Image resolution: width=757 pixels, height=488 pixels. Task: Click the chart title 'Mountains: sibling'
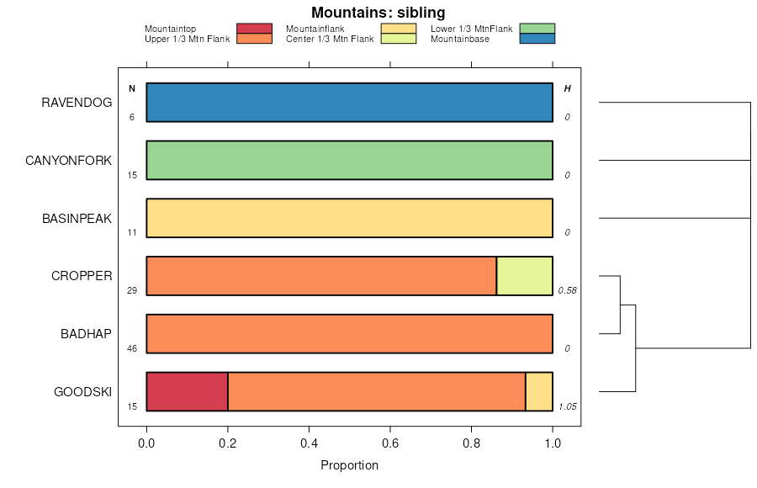378,13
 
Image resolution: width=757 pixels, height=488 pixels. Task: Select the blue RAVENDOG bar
349,103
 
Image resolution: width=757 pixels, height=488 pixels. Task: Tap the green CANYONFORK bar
349,160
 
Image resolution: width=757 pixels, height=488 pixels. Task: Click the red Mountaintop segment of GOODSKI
187,391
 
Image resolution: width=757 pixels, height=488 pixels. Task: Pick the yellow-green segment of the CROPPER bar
524,276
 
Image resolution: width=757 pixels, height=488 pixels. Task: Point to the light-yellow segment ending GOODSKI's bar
539,391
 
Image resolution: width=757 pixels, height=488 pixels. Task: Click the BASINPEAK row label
77,218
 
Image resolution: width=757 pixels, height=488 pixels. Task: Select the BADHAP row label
86,334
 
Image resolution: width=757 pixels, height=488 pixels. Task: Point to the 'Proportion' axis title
349,465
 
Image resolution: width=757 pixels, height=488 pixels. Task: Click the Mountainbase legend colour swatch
537,38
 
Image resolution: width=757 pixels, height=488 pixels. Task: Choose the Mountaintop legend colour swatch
254,29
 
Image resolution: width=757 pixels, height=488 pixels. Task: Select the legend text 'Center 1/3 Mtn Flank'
330,39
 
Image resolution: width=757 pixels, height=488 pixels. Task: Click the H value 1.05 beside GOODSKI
566,407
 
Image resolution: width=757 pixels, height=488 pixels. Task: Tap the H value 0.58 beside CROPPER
566,291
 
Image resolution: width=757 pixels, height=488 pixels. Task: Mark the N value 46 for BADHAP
132,349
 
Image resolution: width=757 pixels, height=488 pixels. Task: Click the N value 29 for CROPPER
132,291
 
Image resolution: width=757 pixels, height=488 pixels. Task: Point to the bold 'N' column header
132,88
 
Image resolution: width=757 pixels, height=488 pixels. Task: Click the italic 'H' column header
567,88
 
